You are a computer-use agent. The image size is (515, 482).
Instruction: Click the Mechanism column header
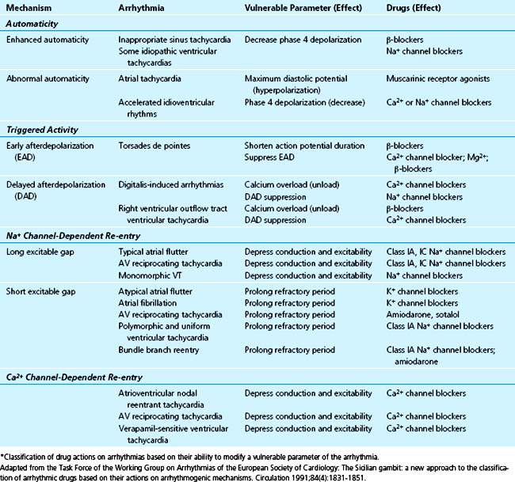click(30, 9)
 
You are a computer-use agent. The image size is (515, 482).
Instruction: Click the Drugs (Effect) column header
click(435, 9)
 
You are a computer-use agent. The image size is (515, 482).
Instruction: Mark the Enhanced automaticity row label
click(48, 39)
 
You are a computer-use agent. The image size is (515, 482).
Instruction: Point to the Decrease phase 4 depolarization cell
click(305, 39)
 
